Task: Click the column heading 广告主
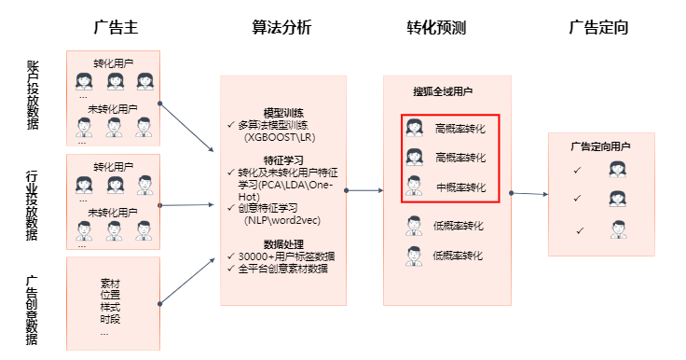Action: tap(114, 27)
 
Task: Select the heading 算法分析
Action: tap(281, 27)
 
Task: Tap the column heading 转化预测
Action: tap(436, 27)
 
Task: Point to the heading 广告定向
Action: tap(598, 27)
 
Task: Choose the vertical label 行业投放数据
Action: tap(34, 205)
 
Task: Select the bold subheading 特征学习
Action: tap(282, 159)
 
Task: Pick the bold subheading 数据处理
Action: tap(282, 244)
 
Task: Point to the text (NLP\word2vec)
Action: tap(281, 222)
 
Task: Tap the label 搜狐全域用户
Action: tap(443, 92)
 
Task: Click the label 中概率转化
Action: tap(460, 187)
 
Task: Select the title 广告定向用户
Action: tap(600, 146)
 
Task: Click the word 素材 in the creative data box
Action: tap(110, 283)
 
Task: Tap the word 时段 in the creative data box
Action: tap(110, 319)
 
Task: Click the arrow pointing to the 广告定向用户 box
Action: tap(529, 194)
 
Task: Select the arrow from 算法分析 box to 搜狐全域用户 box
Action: tap(364, 190)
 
